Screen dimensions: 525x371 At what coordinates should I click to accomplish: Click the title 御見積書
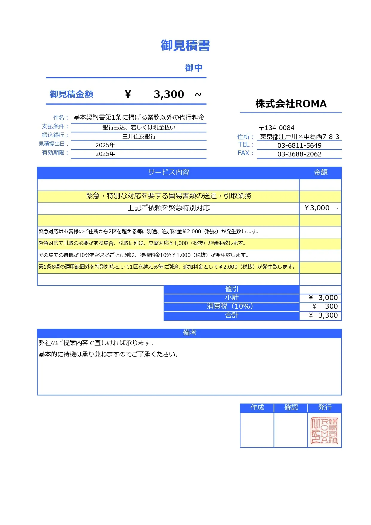[x=185, y=45]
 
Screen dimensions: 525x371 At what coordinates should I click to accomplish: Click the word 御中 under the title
[x=193, y=68]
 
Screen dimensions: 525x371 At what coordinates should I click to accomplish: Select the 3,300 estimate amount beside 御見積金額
[x=169, y=94]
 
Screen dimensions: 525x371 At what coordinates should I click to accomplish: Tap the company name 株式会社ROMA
[x=291, y=104]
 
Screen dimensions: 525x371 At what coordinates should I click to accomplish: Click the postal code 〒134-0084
[x=277, y=128]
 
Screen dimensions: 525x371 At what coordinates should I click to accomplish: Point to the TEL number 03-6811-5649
[x=299, y=146]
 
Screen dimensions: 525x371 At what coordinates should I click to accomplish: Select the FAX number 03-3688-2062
[x=299, y=154]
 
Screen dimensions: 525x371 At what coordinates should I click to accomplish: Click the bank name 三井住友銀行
[x=139, y=137]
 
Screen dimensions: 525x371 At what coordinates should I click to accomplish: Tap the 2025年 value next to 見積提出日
[x=105, y=145]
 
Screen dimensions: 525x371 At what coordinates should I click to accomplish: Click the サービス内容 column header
[x=169, y=172]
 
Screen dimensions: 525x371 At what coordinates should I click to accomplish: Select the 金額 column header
[x=320, y=172]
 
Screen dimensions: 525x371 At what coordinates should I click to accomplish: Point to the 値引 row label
[x=232, y=289]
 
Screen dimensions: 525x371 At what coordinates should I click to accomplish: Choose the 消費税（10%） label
[x=232, y=306]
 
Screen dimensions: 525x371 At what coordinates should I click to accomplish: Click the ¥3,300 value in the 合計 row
[x=324, y=315]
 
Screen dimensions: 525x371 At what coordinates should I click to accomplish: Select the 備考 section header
[x=190, y=333]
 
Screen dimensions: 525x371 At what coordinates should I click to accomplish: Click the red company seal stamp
[x=325, y=431]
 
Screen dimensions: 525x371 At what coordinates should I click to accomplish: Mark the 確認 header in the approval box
[x=291, y=407]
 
